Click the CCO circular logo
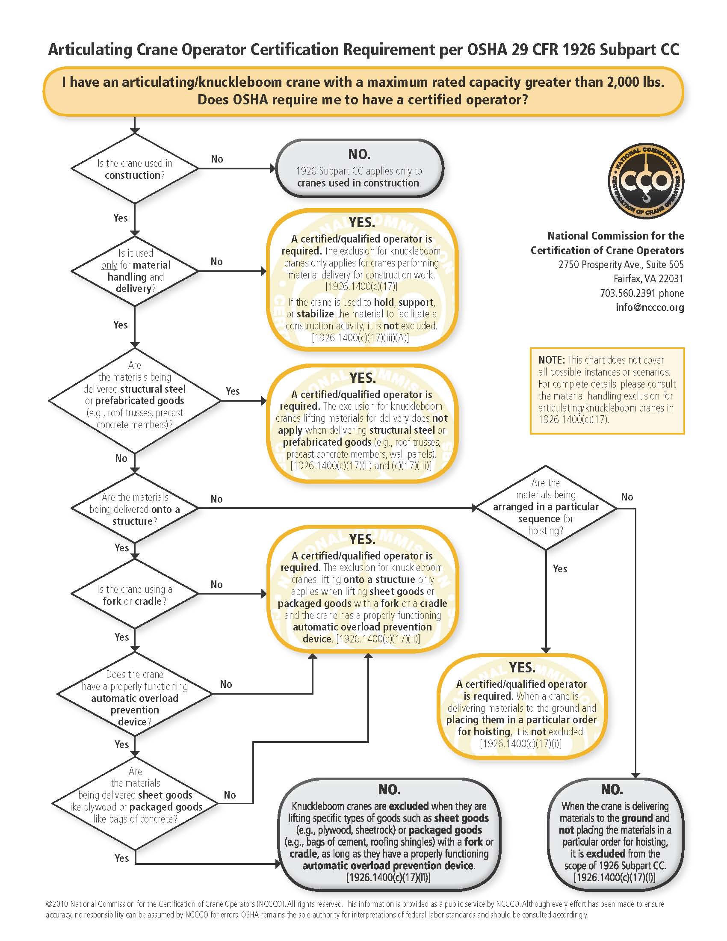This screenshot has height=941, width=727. (x=646, y=181)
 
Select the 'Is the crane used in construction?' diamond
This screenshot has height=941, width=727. (x=135, y=169)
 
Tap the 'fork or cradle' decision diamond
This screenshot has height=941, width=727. (x=135, y=594)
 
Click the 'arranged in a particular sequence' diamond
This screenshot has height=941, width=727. (x=546, y=508)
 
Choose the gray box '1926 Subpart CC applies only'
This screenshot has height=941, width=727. (x=360, y=169)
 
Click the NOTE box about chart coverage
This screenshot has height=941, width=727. (x=607, y=391)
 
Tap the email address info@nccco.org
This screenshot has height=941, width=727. (x=650, y=307)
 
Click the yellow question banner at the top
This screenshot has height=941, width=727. (x=363, y=91)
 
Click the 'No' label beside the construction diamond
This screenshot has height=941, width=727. (x=217, y=159)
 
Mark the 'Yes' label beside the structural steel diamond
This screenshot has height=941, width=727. (x=233, y=391)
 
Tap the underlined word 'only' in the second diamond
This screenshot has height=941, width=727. (x=109, y=266)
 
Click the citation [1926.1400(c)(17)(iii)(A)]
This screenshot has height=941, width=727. (x=360, y=338)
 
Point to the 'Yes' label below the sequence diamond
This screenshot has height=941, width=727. (x=560, y=569)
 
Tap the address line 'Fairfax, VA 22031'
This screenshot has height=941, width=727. (x=649, y=279)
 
